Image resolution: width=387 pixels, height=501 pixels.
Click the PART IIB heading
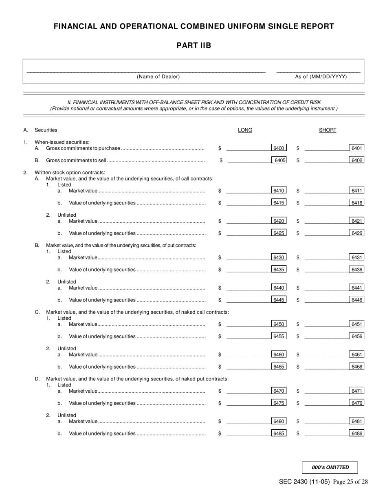pos(193,45)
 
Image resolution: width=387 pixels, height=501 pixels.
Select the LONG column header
pos(245,130)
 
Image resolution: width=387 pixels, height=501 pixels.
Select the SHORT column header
pos(328,130)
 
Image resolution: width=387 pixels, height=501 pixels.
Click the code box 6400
pos(279,148)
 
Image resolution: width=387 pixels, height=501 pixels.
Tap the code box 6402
pos(356,160)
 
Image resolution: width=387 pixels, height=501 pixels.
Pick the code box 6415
pos(279,203)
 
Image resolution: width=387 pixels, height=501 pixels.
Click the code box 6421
pos(356,221)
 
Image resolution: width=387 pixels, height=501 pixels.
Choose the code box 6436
pos(356,270)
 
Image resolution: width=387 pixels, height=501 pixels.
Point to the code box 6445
pos(279,300)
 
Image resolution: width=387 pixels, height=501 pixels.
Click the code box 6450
pos(279,324)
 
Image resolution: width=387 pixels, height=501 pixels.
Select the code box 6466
pos(356,367)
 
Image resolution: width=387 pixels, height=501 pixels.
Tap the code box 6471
pos(356,391)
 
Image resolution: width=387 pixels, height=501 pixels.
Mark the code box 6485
pos(279,433)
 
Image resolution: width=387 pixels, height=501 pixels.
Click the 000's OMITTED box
pos(330,468)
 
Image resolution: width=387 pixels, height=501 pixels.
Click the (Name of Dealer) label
pos(158,77)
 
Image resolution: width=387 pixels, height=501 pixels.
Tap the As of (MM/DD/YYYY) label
pos(321,77)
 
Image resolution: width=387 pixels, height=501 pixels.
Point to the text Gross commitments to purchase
pos(83,148)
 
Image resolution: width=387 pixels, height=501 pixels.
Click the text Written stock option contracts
pos(70,172)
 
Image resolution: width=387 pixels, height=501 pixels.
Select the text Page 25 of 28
pos(350,482)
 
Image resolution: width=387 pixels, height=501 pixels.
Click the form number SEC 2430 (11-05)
pos(304,482)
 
